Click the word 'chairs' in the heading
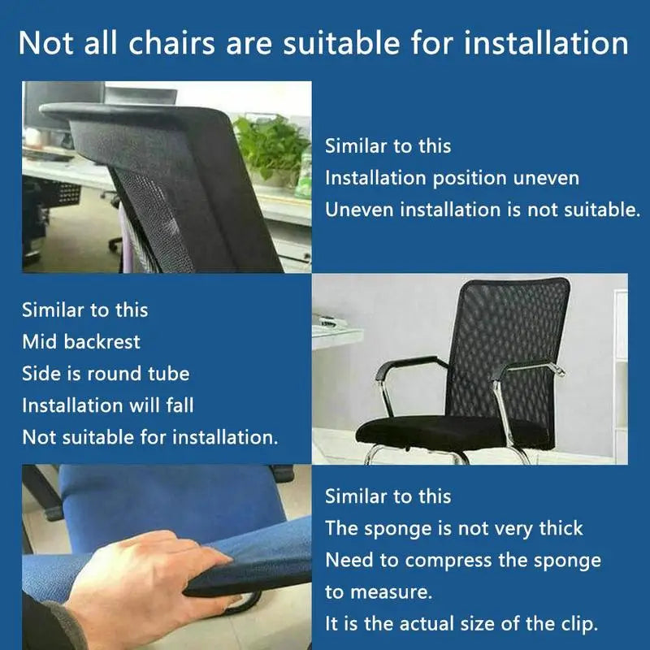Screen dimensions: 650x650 tap(171, 43)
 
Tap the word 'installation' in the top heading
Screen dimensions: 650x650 tap(546, 43)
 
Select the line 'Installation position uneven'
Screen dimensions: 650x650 tap(452, 179)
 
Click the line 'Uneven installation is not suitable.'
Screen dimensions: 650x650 tap(483, 210)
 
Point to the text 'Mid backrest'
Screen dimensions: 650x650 tap(81, 342)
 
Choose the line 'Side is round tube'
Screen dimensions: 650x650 tap(106, 374)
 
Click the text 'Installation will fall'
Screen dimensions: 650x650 tap(108, 405)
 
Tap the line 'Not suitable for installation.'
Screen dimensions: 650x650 tap(150, 437)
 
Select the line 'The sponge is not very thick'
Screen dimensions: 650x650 tap(454, 529)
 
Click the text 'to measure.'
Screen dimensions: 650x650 tap(379, 592)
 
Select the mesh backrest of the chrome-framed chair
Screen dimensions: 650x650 tap(508, 357)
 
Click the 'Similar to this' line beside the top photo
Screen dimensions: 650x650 tap(388, 146)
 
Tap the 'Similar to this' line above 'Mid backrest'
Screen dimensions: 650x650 tap(85, 310)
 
